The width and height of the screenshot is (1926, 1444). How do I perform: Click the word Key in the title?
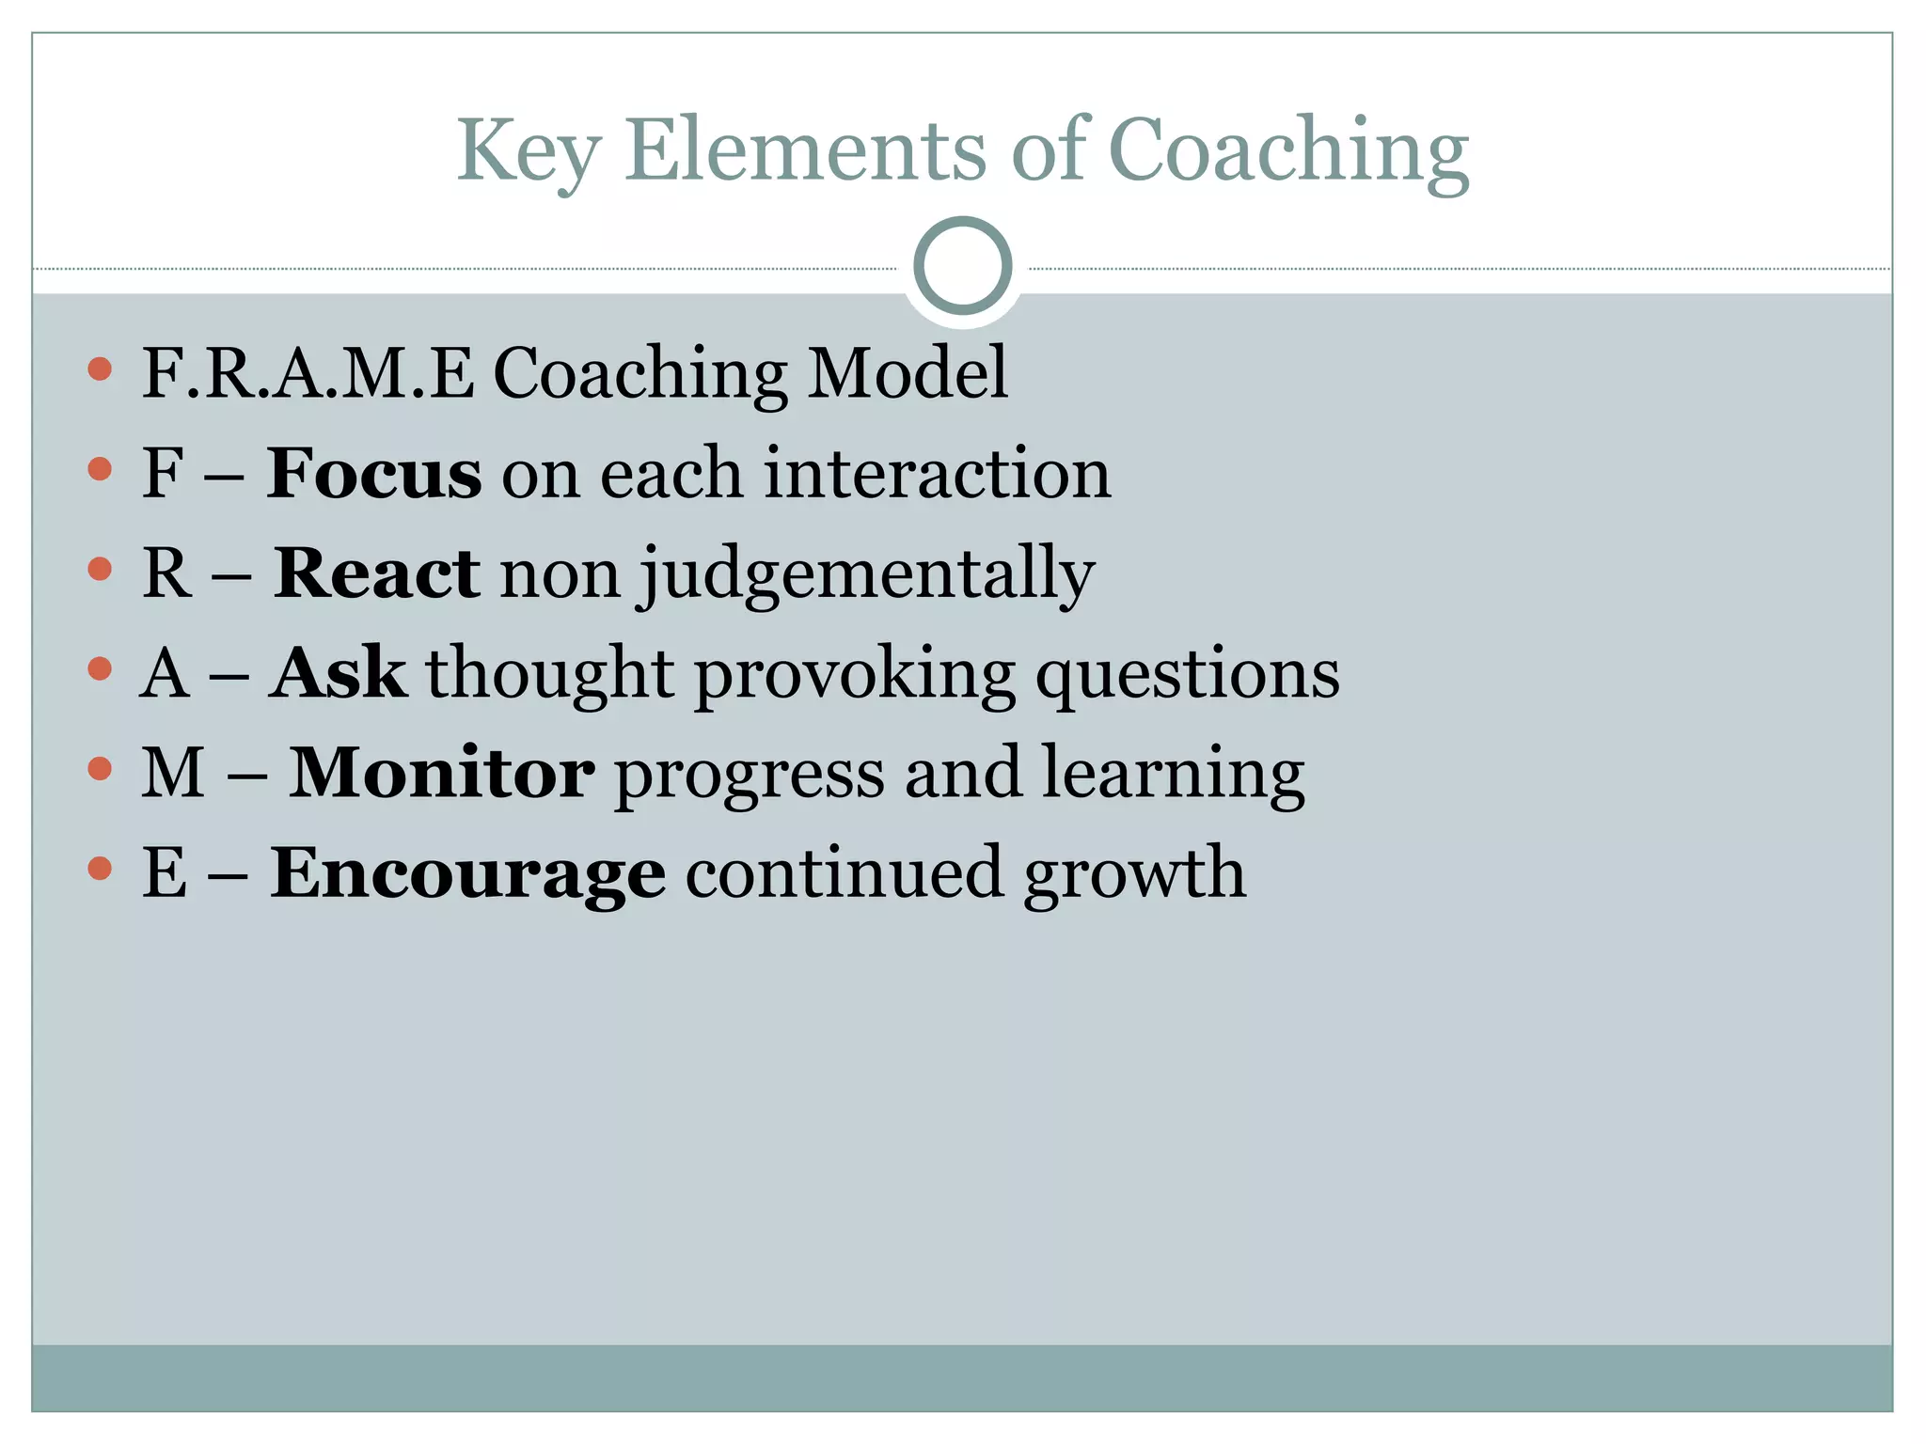(528, 151)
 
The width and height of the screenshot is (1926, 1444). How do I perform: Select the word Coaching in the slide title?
(1288, 151)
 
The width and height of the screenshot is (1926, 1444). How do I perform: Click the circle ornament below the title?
(962, 266)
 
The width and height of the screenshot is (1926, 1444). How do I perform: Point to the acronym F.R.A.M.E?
(308, 373)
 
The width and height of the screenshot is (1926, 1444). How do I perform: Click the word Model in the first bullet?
(908, 373)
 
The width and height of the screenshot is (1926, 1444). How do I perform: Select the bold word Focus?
(374, 473)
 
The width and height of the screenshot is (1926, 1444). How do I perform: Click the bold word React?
(376, 573)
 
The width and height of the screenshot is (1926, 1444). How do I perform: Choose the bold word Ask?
(339, 673)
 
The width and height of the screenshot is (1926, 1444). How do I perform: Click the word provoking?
(855, 676)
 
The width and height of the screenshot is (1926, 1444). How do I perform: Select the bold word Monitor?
(441, 773)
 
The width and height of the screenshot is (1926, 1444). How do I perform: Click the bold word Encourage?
(467, 874)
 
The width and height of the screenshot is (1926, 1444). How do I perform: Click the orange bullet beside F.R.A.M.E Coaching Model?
(100, 369)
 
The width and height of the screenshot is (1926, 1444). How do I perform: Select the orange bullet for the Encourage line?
(100, 869)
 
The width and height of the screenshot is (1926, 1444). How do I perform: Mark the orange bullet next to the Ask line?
(100, 668)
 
